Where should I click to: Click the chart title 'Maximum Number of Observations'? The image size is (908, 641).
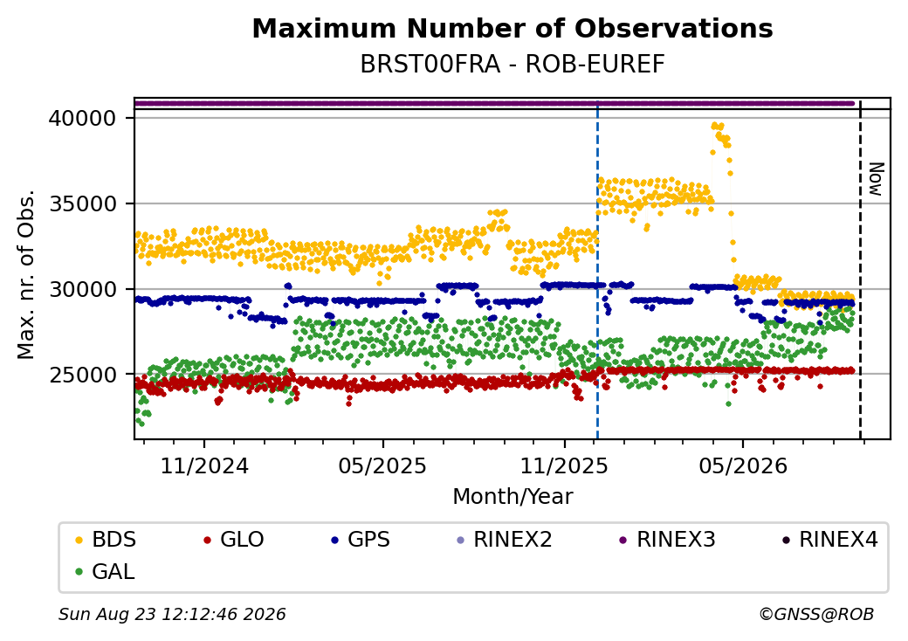512,28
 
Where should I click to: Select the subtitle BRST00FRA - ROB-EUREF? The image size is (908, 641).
512,65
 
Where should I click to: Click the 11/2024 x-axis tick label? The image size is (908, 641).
203,465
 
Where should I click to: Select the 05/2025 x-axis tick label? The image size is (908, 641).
382,465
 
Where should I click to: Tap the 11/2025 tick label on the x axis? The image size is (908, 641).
564,465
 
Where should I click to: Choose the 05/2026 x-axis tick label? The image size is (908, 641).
743,465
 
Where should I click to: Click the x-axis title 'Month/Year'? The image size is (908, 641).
512,496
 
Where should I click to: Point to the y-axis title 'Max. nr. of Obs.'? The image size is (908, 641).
26,274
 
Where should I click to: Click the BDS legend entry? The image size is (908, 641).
106,540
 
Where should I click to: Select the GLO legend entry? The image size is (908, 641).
234,540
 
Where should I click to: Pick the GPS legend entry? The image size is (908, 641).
361,540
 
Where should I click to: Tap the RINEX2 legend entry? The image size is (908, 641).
505,540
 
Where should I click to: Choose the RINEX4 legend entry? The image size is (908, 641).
829,540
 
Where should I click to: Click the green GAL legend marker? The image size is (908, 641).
79,572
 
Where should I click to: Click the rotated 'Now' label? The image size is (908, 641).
877,179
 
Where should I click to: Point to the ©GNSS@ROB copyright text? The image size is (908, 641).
816,614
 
